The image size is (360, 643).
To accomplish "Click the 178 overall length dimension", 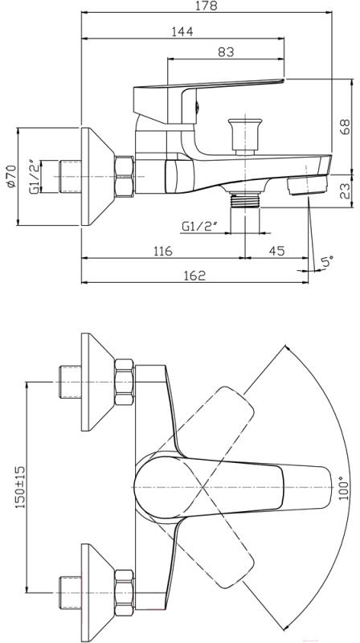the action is coord(207,6).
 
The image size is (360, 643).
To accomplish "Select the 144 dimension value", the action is coord(182,31).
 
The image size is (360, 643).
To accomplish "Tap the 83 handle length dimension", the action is coord(226,52).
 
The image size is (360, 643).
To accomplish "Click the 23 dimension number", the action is coord(346,190).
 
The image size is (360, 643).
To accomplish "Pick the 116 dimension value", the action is coord(163,251).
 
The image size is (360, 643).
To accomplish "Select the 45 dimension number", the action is coord(277,251).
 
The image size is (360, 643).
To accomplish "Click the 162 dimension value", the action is coord(194,275).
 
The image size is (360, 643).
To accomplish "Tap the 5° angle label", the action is coord(327,261).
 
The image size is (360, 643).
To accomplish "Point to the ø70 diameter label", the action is coord(10,176).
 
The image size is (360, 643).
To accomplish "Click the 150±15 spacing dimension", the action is coord(20,487).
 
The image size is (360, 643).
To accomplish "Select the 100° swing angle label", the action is coord(344,488).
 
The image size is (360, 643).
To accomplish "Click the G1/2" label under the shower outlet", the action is coord(198,226).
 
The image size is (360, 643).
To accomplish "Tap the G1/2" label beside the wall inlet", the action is coord(36,177).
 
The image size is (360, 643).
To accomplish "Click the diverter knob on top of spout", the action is coord(245,136).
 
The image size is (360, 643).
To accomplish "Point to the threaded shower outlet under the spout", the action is coord(245,199).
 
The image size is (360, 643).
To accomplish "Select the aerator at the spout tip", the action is coord(308,186).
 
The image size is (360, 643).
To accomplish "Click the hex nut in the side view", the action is coord(125,177).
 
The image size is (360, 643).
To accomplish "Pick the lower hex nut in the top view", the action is coord(125,592).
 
